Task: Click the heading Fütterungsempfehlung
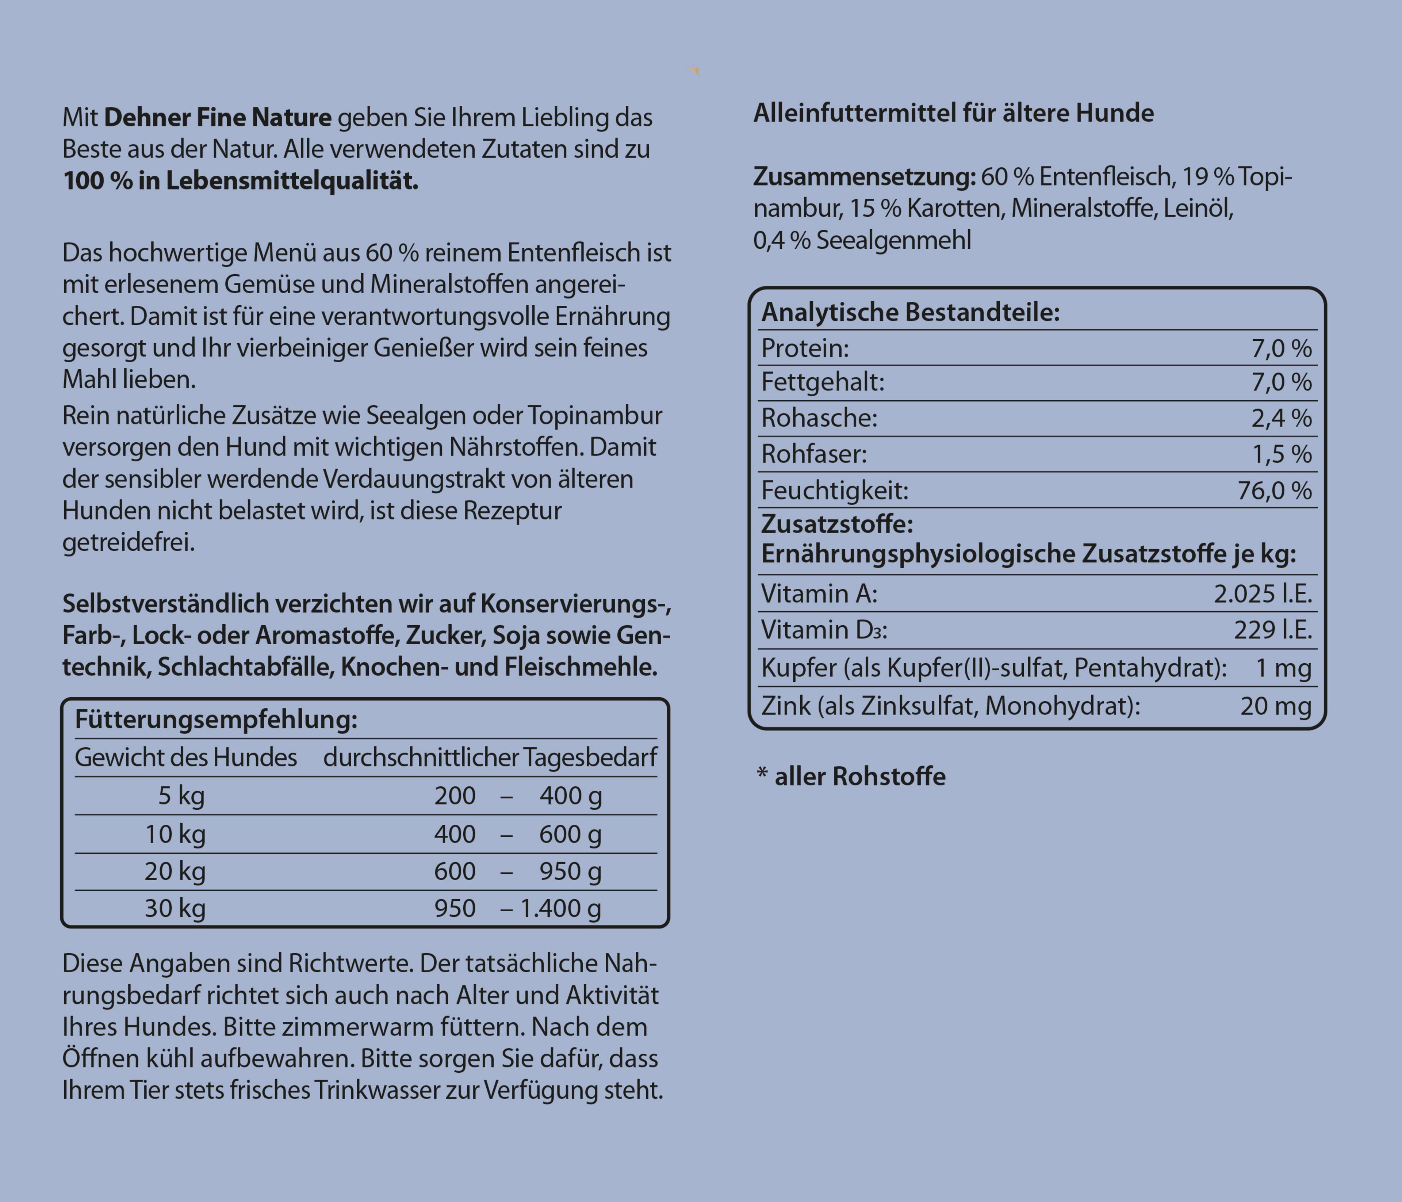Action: coord(216,720)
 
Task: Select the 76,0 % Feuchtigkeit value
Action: coord(1274,490)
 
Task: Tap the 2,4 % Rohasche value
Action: coord(1281,418)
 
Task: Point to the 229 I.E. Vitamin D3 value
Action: coord(1272,630)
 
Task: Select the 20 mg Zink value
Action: coord(1275,706)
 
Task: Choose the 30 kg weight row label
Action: coord(175,908)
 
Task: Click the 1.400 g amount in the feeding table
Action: coord(560,908)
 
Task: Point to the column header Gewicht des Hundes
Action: coord(185,758)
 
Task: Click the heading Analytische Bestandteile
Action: coord(910,313)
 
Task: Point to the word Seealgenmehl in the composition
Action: coord(893,240)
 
